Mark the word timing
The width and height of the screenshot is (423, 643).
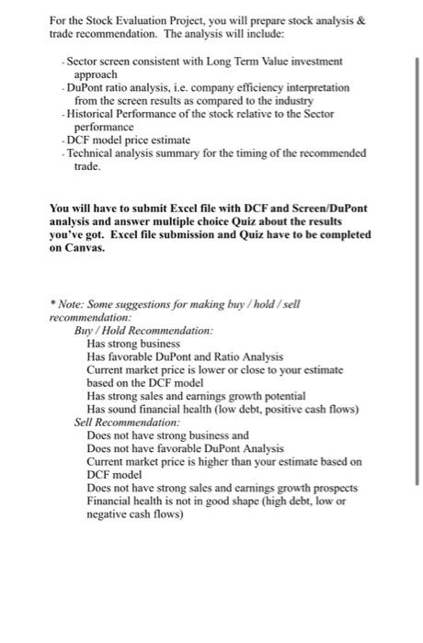[276, 152]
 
